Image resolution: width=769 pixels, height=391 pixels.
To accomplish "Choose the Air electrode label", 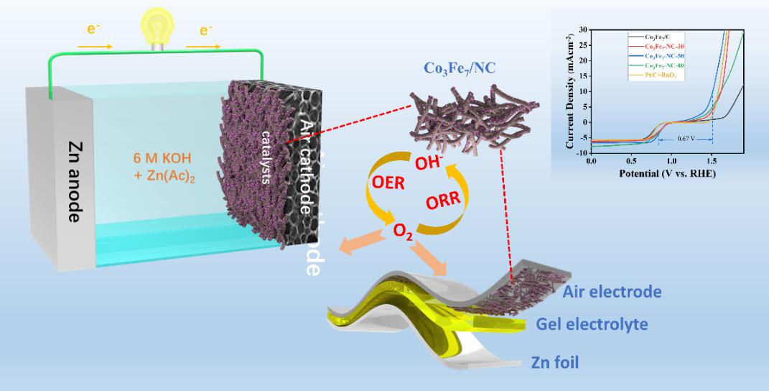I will [612, 292].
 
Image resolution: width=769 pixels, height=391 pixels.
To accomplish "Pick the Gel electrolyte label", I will [592, 324].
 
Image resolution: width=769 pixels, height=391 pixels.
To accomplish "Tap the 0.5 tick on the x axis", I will [631, 163].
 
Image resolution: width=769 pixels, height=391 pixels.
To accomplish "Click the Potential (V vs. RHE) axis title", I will [666, 174].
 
